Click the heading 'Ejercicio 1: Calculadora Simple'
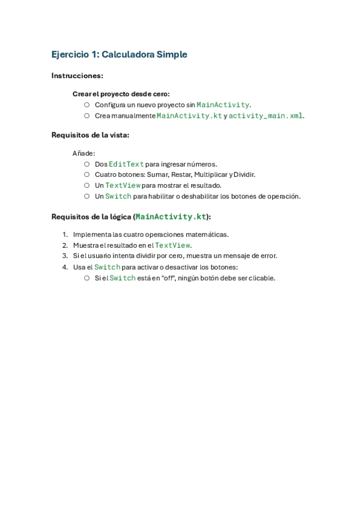(x=119, y=55)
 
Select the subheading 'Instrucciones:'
(x=77, y=76)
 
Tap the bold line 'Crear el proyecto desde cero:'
(x=121, y=94)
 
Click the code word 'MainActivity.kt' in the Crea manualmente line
(x=189, y=115)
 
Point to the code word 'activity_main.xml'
(x=265, y=115)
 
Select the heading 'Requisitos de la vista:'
(x=90, y=135)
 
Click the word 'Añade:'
(x=84, y=153)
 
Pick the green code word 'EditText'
(x=126, y=164)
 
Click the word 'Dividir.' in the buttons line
(x=243, y=174)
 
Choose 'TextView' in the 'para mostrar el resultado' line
(x=123, y=185)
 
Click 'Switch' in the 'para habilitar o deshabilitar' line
(x=118, y=196)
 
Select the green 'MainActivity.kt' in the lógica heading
(x=171, y=217)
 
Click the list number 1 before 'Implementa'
(x=65, y=235)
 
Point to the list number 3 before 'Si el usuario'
(x=65, y=256)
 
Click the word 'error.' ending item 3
(x=268, y=256)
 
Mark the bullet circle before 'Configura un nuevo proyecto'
(x=87, y=105)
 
